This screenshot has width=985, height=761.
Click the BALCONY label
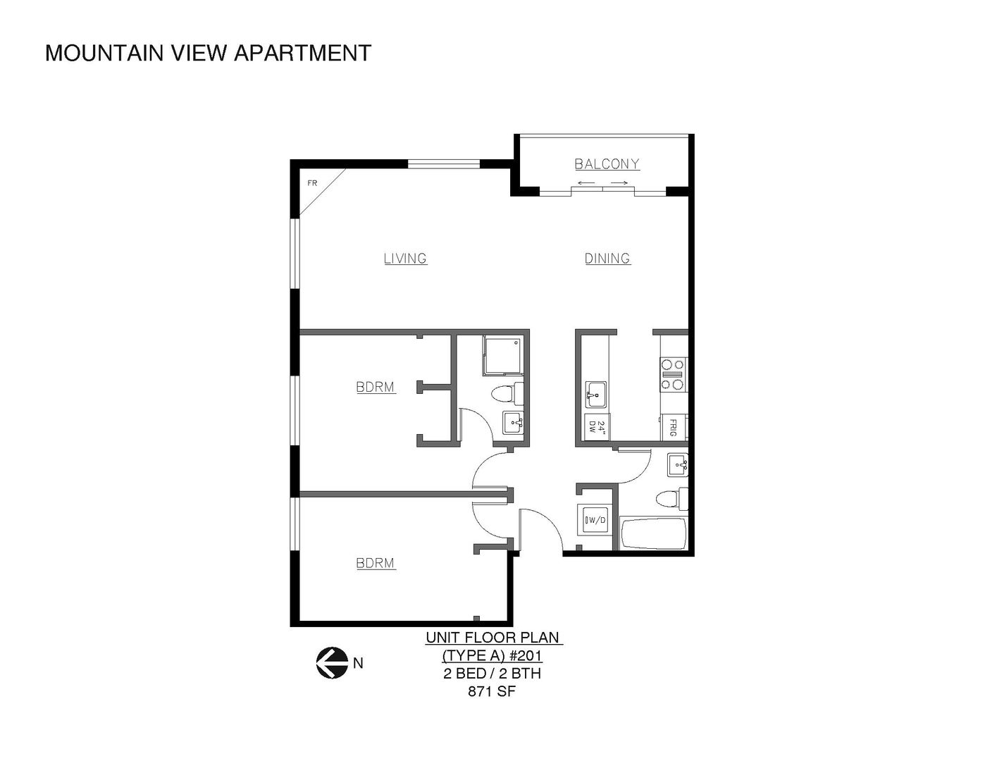pos(607,164)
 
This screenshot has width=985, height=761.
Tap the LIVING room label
pos(405,259)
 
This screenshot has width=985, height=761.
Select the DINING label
pos(607,259)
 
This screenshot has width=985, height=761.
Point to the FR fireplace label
pos(312,183)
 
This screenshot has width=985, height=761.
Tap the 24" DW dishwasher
pos(596,427)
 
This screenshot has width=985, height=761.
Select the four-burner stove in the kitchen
pos(673,374)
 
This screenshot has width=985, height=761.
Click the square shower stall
pos(503,356)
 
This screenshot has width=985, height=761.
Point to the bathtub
pos(652,533)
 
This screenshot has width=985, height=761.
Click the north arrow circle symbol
pos(332,662)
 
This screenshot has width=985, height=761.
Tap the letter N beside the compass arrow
pos(358,663)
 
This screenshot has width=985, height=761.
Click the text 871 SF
pos(492,691)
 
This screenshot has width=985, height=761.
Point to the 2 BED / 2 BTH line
pos(492,674)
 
